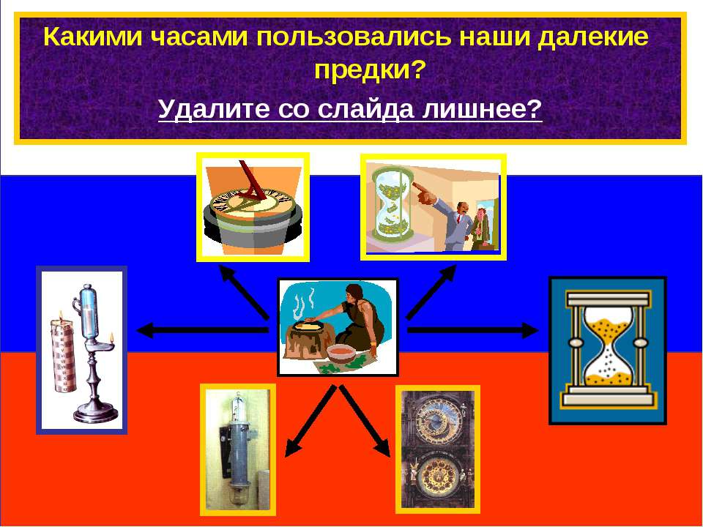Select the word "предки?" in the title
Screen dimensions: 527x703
[369, 71]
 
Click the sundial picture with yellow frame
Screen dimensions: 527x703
[253, 206]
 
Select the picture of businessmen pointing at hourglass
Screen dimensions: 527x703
[433, 207]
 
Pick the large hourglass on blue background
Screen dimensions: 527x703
[607, 350]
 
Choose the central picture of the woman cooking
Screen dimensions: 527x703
[338, 327]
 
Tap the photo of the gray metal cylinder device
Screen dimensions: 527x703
[237, 449]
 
